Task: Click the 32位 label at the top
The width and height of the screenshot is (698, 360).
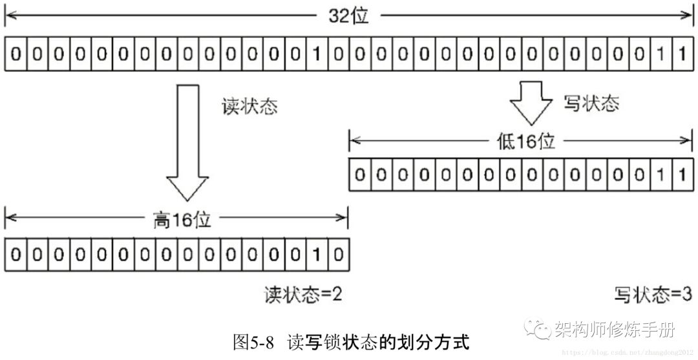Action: coord(348,16)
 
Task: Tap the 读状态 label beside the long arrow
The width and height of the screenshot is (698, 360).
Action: coord(249,106)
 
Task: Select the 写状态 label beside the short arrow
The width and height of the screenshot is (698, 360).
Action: coord(591,103)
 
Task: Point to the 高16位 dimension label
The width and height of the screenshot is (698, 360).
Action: coord(176,220)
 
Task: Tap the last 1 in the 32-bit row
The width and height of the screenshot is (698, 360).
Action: coord(681,54)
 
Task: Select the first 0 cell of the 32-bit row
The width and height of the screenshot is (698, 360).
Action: coord(16,54)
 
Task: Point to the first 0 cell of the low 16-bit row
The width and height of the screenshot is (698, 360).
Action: coord(360,175)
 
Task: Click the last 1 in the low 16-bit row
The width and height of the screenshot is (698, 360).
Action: coord(681,175)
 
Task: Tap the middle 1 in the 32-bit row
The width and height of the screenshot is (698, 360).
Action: coord(317,54)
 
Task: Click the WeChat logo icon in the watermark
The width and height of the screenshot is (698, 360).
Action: coord(538,330)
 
